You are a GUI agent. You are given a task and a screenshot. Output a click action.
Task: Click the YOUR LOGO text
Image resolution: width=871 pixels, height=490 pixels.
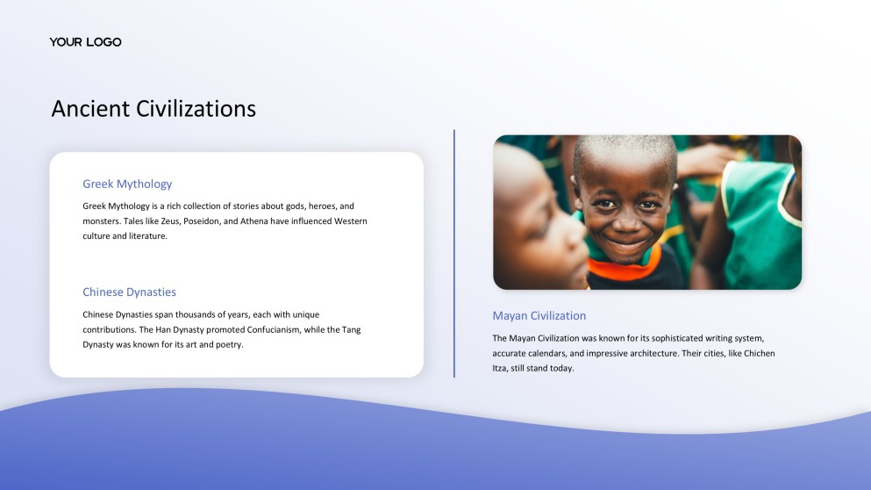pos(85,42)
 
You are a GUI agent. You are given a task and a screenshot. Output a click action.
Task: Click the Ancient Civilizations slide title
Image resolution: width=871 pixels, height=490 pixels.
pos(153,108)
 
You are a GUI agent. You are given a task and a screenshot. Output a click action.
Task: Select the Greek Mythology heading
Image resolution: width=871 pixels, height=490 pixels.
pos(127,184)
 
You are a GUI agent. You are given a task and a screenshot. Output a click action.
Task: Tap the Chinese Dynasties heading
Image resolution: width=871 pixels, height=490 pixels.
pos(129,292)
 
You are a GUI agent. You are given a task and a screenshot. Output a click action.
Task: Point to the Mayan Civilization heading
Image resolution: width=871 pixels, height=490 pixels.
pos(539,315)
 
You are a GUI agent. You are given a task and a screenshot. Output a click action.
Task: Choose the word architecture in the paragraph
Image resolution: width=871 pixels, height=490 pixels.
pos(672,353)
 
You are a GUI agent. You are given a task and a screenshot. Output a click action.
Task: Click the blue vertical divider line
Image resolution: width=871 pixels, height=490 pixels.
pos(454,254)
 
